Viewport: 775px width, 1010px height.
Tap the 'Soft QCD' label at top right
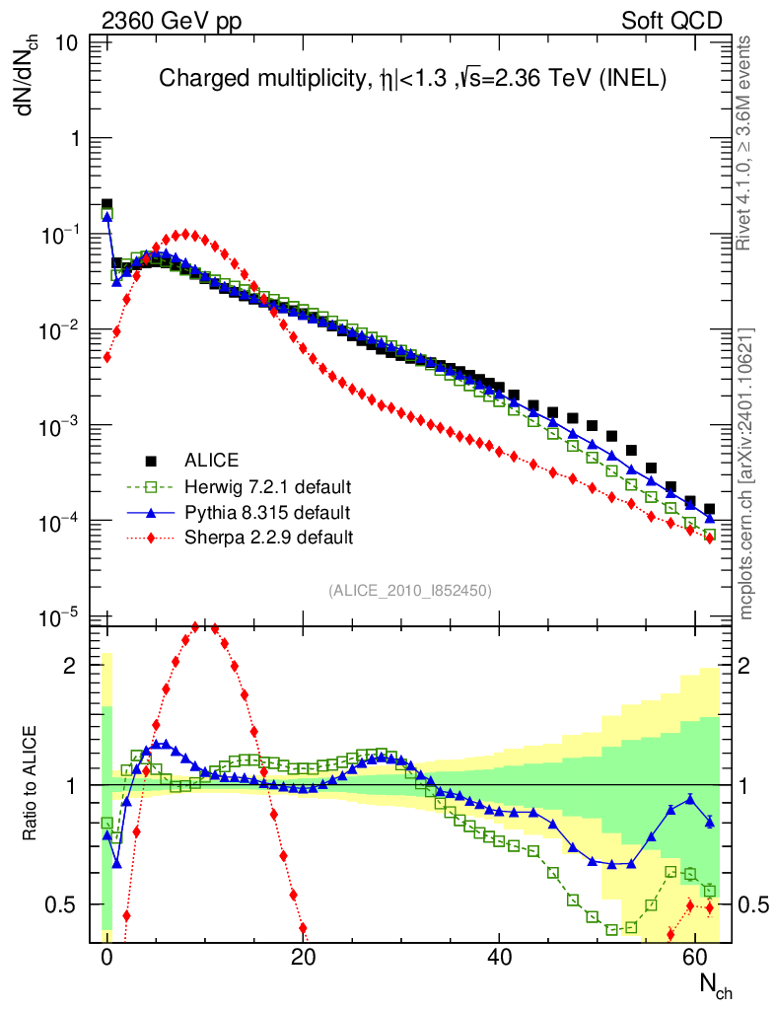[x=671, y=21]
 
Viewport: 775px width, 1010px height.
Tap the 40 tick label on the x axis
[x=500, y=958]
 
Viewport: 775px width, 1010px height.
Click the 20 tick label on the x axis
[x=304, y=958]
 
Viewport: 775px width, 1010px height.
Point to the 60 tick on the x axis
[x=696, y=958]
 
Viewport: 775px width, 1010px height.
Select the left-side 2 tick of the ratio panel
[x=69, y=666]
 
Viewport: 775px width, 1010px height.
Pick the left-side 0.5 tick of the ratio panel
[x=62, y=903]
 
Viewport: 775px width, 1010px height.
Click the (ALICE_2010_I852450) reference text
[x=410, y=590]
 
